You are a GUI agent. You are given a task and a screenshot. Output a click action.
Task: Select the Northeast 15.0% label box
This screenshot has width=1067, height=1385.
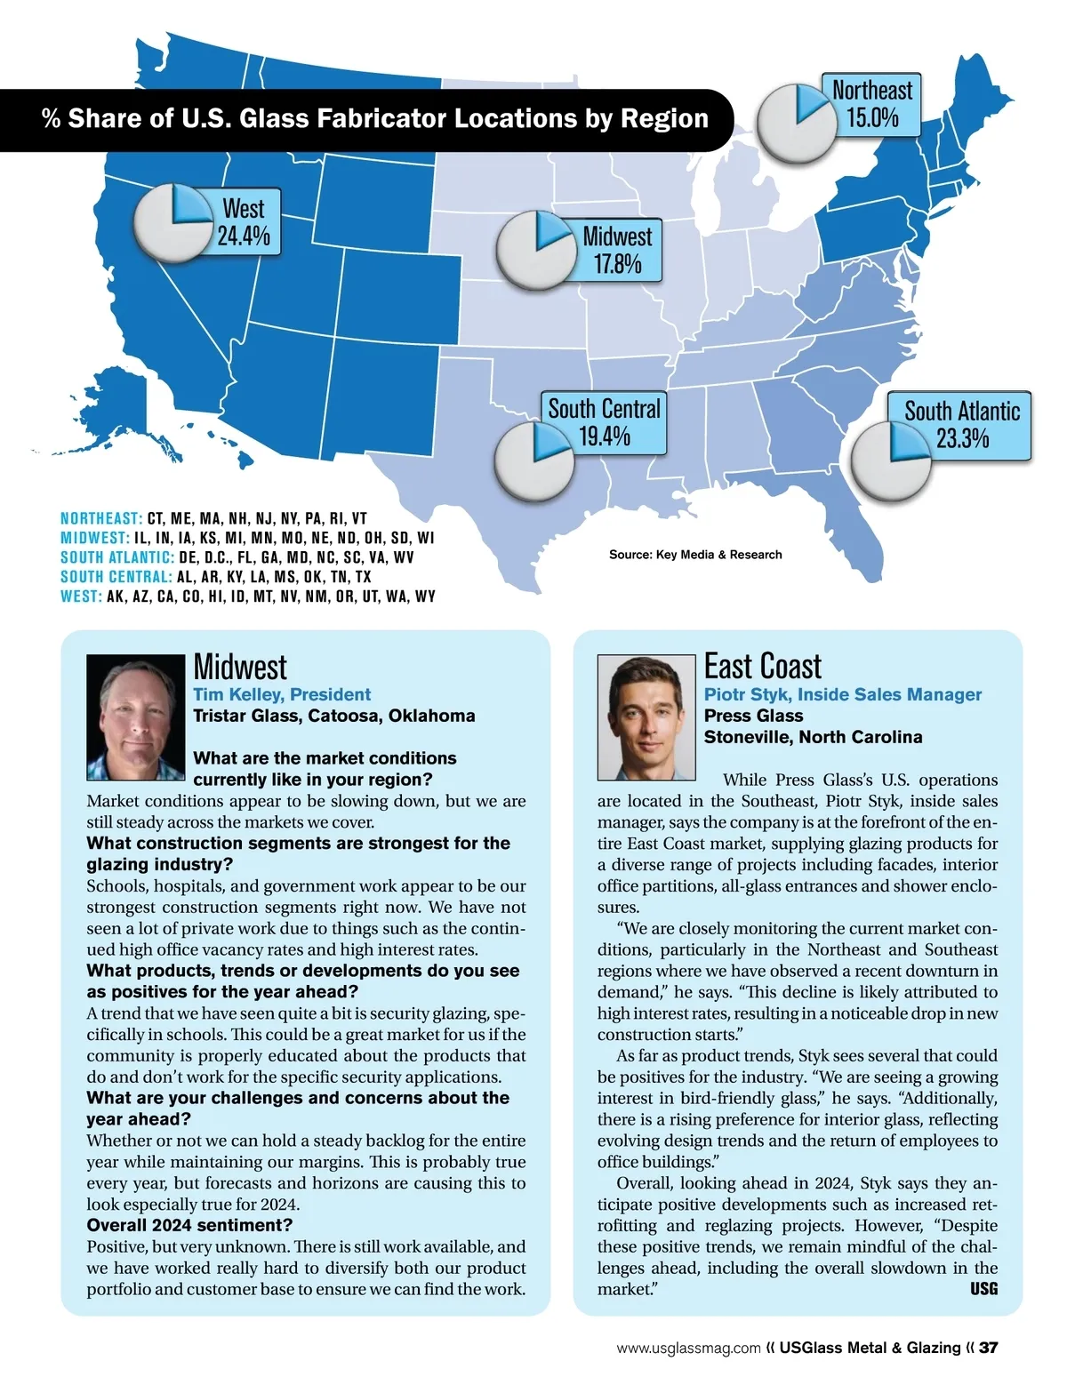pos(871,104)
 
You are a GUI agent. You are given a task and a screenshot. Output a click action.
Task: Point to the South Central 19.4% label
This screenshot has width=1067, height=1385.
pos(605,422)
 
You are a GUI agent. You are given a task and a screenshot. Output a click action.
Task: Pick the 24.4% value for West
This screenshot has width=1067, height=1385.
pos(244,236)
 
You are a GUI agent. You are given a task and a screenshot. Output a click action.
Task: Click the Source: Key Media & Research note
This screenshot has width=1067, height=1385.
pos(695,555)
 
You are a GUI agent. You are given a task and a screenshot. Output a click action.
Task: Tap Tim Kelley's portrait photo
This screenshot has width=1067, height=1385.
pos(135,717)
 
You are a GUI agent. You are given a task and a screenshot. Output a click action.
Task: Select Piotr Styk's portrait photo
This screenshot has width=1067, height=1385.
pos(646,717)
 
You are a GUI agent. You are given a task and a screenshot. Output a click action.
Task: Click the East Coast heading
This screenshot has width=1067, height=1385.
pos(763,667)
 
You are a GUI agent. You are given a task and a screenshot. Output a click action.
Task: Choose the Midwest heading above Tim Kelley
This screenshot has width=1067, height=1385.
pos(240,668)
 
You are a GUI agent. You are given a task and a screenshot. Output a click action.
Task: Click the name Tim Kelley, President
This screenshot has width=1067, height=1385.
pos(282,694)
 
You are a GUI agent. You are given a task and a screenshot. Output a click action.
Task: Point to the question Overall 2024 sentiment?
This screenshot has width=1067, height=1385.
pos(189,1226)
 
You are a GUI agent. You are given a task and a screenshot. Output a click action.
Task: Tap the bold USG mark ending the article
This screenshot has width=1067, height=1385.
pos(983,1289)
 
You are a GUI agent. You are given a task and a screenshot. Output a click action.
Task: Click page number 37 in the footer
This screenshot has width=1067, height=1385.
pos(988,1348)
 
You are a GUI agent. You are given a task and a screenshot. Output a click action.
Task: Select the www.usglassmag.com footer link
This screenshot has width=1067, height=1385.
pos(688,1348)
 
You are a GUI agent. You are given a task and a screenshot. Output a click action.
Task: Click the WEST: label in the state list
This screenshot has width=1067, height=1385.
pos(81,596)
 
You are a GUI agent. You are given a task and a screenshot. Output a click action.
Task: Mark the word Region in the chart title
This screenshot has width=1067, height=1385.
pos(666,119)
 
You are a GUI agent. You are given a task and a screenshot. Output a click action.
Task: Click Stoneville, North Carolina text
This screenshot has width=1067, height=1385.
pos(813,737)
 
